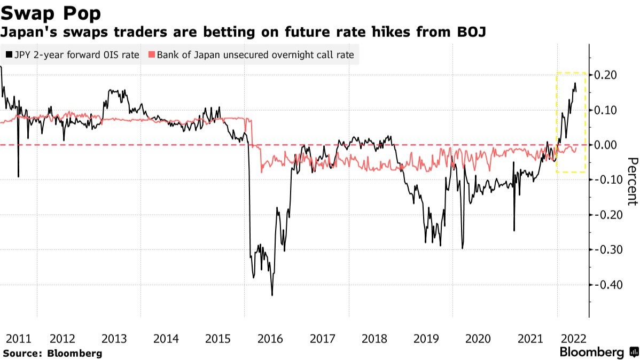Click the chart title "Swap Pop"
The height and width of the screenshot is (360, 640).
tap(51, 12)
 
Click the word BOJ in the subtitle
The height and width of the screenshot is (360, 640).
tap(471, 32)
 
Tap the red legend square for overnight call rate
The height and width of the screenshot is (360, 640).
tap(152, 54)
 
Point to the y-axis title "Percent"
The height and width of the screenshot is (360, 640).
tap(632, 181)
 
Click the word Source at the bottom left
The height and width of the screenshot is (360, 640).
tap(21, 353)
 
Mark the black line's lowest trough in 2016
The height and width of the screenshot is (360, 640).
tap(272, 295)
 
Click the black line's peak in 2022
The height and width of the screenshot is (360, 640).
tap(575, 83)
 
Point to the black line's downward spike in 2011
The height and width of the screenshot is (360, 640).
tap(18, 176)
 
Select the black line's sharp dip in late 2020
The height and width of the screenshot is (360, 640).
tap(514, 230)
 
